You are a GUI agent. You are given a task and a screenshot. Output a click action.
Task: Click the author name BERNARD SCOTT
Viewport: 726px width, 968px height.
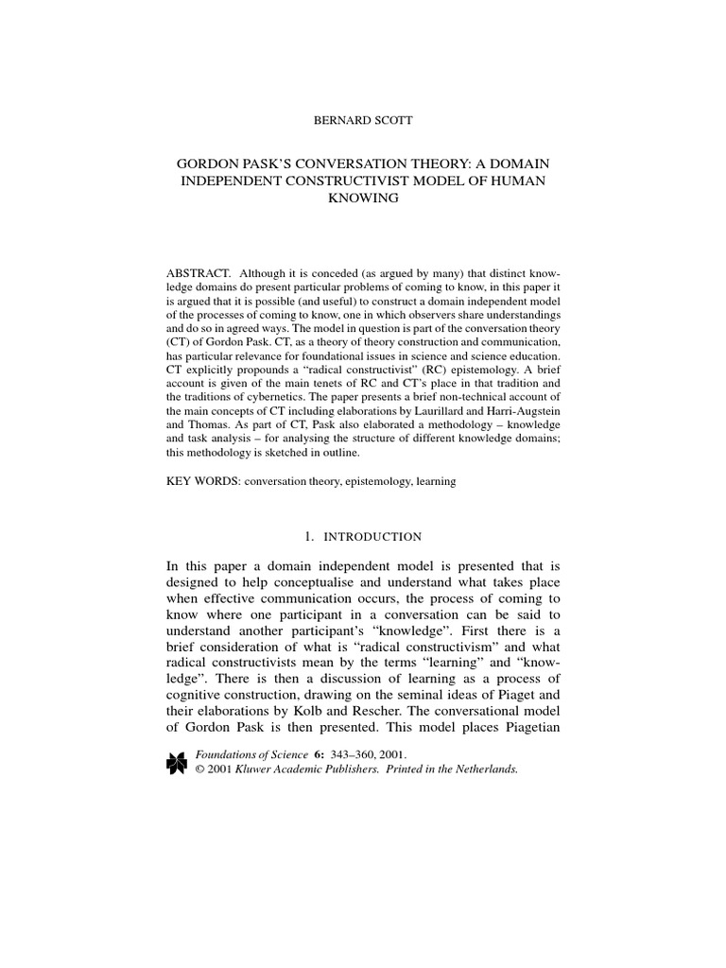pos(363,122)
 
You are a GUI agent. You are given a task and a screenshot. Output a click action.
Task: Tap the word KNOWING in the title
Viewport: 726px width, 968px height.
pos(363,199)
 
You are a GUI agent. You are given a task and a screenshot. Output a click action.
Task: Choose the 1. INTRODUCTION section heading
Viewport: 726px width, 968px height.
pos(363,537)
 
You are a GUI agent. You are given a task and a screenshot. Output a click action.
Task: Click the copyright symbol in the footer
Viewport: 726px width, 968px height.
pos(199,769)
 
